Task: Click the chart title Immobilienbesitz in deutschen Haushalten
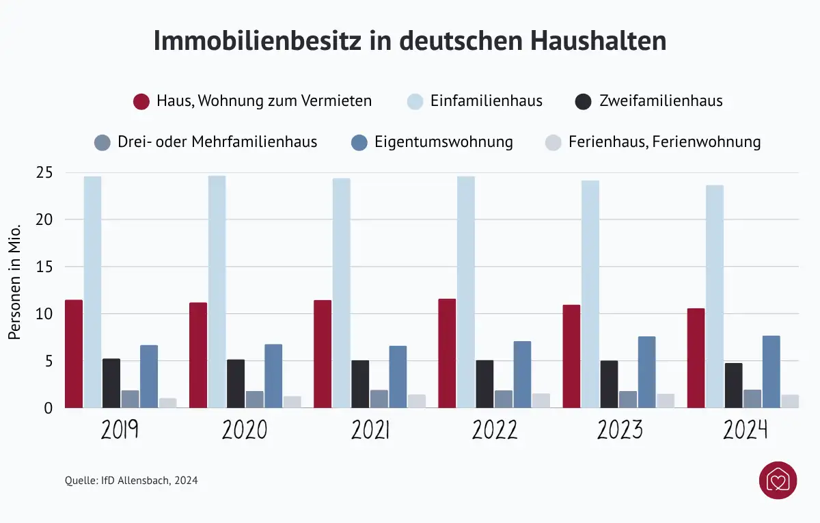(x=409, y=41)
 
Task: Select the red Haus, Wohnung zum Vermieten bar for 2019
(x=74, y=353)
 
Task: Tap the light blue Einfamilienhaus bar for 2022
(x=466, y=292)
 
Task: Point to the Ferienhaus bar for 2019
(x=167, y=403)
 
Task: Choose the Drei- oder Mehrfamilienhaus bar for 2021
(x=379, y=399)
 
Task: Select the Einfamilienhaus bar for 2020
(x=217, y=292)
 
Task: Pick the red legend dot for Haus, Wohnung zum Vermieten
(x=141, y=102)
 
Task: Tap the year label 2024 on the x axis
(x=746, y=431)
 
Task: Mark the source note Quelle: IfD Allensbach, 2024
(x=131, y=481)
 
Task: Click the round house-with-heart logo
(x=778, y=480)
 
